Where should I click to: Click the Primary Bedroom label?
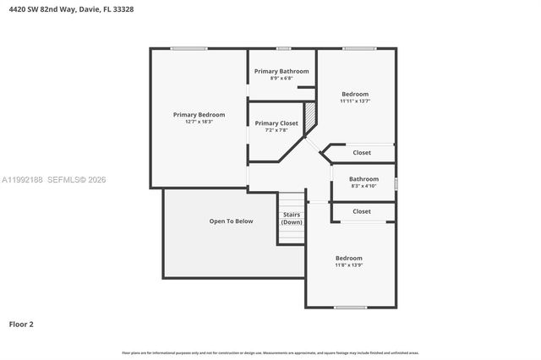click(x=199, y=114)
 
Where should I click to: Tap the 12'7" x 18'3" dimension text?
click(x=199, y=122)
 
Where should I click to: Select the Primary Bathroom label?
click(x=281, y=71)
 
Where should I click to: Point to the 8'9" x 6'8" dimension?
click(x=281, y=79)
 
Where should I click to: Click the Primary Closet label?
click(x=276, y=123)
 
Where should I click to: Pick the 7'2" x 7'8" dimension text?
click(x=276, y=130)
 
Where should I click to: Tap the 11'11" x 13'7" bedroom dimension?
click(x=355, y=101)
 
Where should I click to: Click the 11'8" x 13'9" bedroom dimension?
click(x=348, y=265)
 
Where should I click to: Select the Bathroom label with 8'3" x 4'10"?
click(x=363, y=178)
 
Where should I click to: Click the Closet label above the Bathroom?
click(x=362, y=153)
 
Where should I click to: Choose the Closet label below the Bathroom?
click(x=362, y=211)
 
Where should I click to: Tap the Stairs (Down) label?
click(x=291, y=218)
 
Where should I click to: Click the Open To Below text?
click(x=231, y=221)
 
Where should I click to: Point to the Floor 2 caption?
click(x=21, y=324)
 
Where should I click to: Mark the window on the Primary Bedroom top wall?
click(x=189, y=48)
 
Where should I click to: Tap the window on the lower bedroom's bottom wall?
click(x=349, y=307)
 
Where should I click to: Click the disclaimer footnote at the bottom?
click(x=270, y=352)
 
